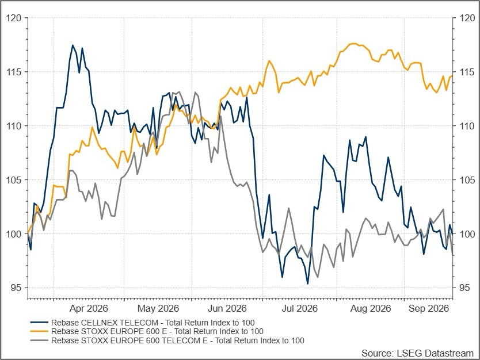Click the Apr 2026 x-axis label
(89, 308)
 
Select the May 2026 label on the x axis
(158, 308)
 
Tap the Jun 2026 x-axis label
(227, 308)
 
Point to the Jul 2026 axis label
(300, 308)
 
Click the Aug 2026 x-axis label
(371, 308)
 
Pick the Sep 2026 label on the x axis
(429, 308)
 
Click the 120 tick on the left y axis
(14, 18)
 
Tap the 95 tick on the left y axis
(17, 288)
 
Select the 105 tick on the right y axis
(467, 180)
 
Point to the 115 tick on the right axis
(467, 72)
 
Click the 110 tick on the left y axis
(14, 126)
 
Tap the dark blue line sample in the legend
(39, 323)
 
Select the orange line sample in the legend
(39, 331)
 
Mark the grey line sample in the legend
(39, 340)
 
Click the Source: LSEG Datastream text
(417, 353)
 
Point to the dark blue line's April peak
(73, 45)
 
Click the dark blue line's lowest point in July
(308, 284)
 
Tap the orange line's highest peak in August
(353, 44)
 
